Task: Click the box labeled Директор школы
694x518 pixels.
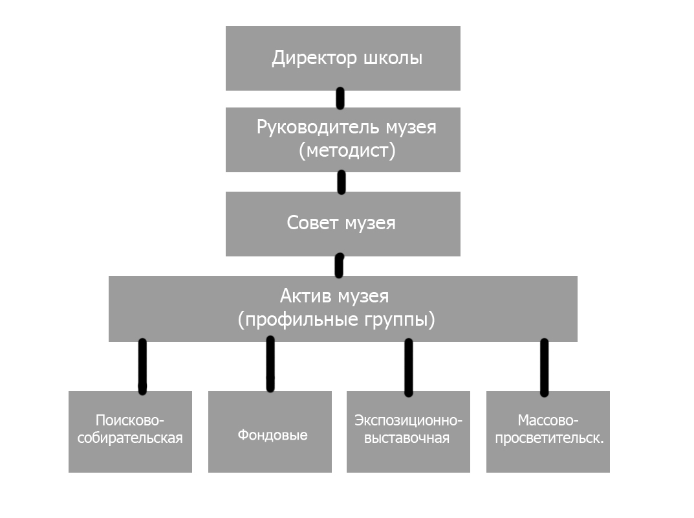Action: (x=343, y=58)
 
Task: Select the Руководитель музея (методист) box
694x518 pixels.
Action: (x=343, y=140)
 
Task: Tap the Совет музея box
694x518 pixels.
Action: (x=343, y=224)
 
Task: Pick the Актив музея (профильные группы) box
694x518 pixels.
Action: (x=343, y=309)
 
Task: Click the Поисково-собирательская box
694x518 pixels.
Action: (x=130, y=431)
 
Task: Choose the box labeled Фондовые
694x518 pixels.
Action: (x=270, y=431)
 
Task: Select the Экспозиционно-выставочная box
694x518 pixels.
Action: (x=408, y=431)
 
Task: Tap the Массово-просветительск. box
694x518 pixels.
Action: (x=548, y=431)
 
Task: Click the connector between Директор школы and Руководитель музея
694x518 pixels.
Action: (x=340, y=98)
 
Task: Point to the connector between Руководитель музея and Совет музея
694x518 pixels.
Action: (x=342, y=182)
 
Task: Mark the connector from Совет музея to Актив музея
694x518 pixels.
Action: (x=339, y=266)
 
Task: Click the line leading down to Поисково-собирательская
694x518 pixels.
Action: (x=142, y=366)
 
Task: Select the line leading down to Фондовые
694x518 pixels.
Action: (x=270, y=365)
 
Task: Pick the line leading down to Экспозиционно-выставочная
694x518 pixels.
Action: (x=408, y=366)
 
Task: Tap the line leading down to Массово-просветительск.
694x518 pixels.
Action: (x=544, y=366)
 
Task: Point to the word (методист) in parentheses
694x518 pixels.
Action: (x=347, y=151)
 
